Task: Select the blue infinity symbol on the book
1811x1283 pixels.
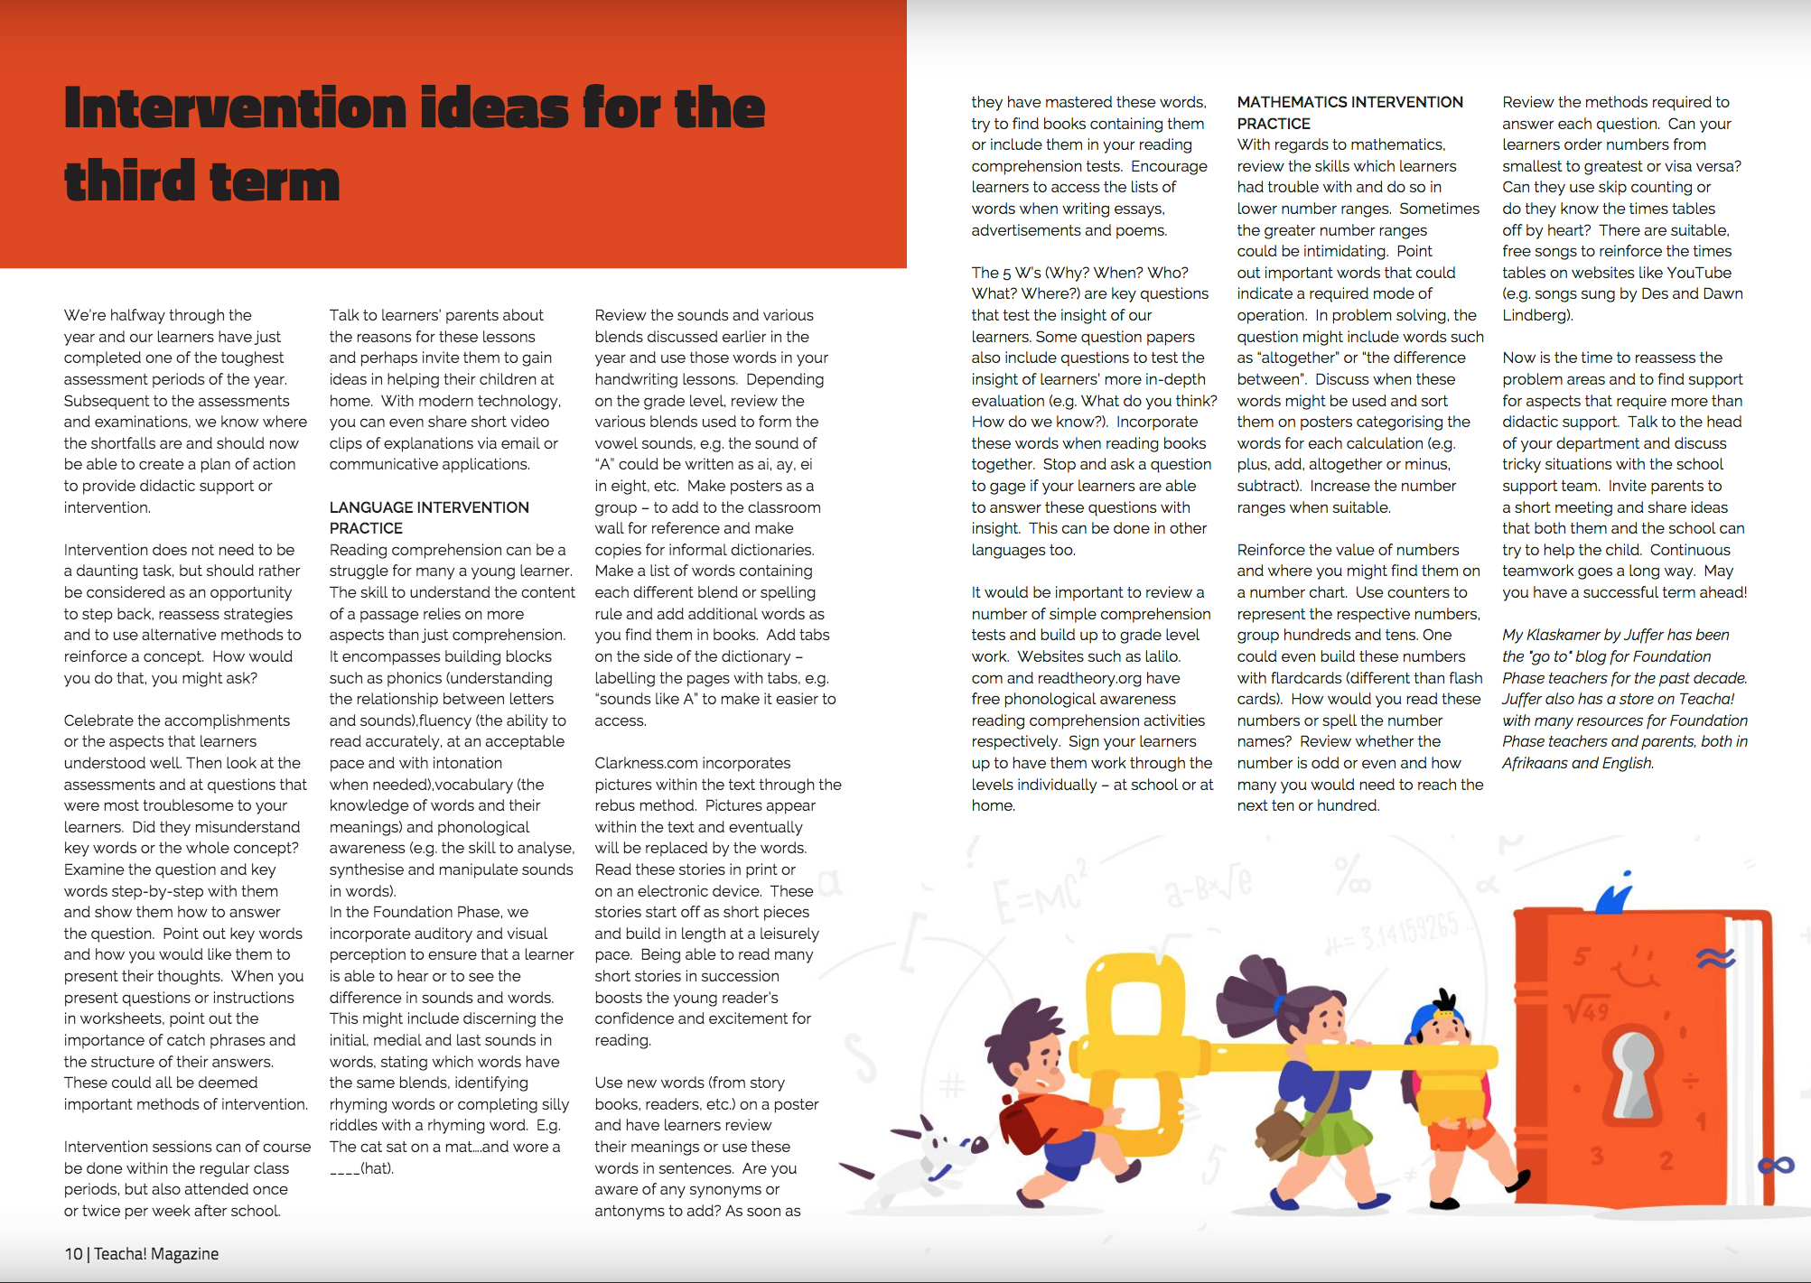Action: [1776, 1166]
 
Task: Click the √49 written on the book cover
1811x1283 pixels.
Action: [1587, 1009]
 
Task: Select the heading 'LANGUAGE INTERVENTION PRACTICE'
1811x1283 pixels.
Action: [429, 517]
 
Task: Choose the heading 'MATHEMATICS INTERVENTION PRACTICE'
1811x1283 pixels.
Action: [1349, 113]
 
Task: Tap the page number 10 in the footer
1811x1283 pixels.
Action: [73, 1253]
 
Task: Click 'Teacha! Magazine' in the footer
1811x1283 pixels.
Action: [156, 1253]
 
